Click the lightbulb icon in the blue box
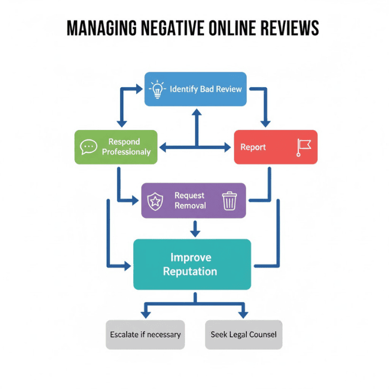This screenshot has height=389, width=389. pyautogui.click(x=157, y=89)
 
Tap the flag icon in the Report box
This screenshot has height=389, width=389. pyautogui.click(x=304, y=147)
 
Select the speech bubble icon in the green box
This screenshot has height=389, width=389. pyautogui.click(x=88, y=147)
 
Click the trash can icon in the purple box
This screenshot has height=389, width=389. pyautogui.click(x=229, y=201)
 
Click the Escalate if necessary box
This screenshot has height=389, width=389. pyautogui.click(x=145, y=335)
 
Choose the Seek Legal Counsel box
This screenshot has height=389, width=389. pyautogui.click(x=243, y=335)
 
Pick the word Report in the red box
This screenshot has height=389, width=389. pyautogui.click(x=253, y=147)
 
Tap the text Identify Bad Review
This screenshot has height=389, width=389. pyautogui.click(x=206, y=89)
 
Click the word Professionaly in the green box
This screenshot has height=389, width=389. pyautogui.click(x=126, y=152)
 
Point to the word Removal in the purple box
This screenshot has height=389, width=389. pyautogui.click(x=190, y=206)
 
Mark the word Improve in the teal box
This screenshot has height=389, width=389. pyautogui.click(x=191, y=258)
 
